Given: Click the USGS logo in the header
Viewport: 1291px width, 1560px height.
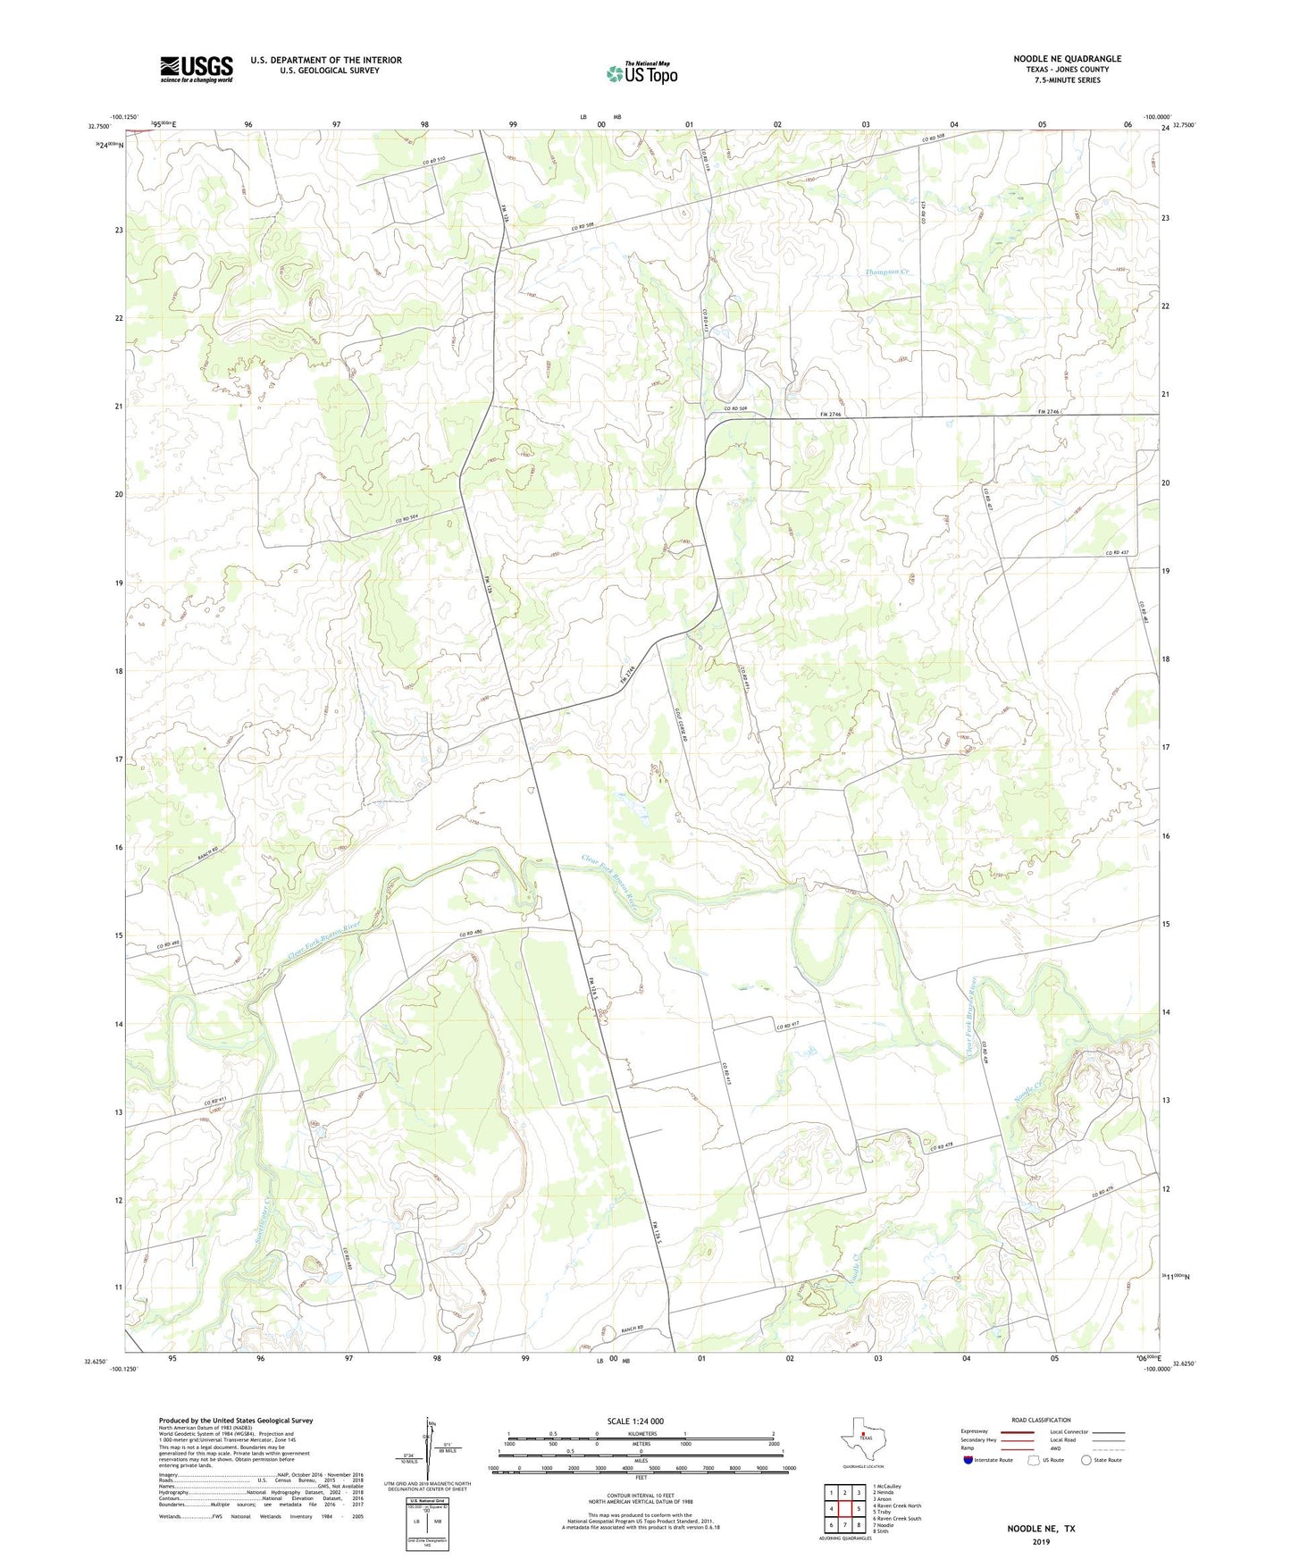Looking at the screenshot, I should tap(197, 69).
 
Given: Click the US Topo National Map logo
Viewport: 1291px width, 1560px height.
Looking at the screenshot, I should tap(641, 72).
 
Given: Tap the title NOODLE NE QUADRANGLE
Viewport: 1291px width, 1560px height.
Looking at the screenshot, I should tap(1067, 59).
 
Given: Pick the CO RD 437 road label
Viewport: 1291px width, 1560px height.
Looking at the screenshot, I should tap(1117, 553).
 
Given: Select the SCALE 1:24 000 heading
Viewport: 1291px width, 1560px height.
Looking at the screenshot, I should tap(634, 1422).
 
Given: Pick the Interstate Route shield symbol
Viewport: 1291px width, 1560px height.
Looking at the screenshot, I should tap(968, 1459).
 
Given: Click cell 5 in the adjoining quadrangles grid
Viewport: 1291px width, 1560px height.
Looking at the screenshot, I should tap(859, 1508).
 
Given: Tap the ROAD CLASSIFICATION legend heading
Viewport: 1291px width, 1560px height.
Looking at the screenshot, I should tap(1040, 1421).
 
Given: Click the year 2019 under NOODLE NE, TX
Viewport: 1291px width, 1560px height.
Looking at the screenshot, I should tap(1041, 1542).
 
